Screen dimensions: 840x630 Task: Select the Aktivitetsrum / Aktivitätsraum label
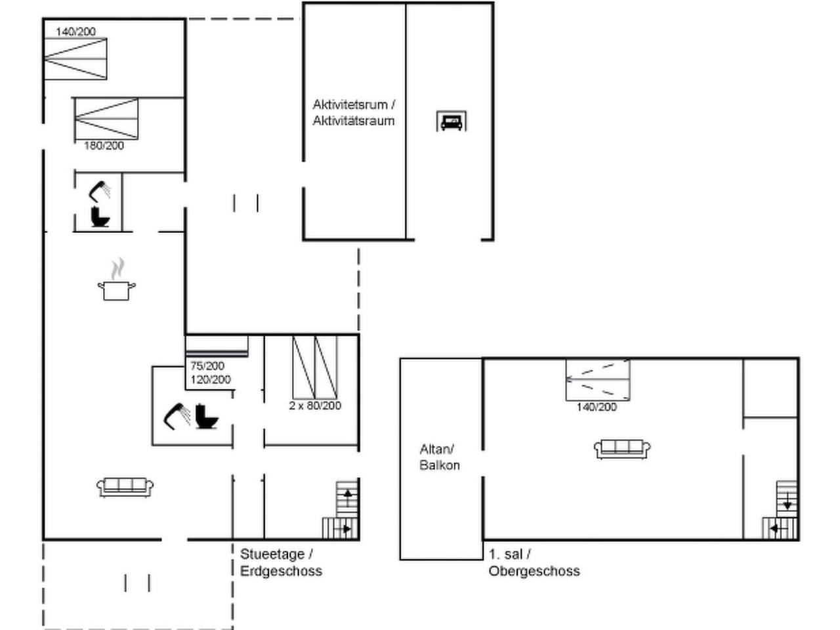pyautogui.click(x=354, y=112)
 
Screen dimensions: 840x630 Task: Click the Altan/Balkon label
pyautogui.click(x=439, y=457)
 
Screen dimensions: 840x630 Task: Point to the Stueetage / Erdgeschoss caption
pyautogui.click(x=281, y=562)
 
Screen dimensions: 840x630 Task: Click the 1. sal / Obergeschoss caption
pyautogui.click(x=534, y=562)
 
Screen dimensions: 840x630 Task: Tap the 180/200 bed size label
pyautogui.click(x=104, y=146)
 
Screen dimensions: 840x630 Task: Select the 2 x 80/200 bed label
pyautogui.click(x=315, y=406)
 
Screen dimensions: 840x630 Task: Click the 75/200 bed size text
pyautogui.click(x=207, y=366)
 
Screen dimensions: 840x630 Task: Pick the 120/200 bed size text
pyautogui.click(x=211, y=380)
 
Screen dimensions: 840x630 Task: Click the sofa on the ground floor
pyautogui.click(x=125, y=488)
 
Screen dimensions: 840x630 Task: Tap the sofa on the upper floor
pyautogui.click(x=622, y=449)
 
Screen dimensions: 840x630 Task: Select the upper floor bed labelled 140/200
pyautogui.click(x=598, y=380)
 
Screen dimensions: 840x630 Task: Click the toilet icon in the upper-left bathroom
pyautogui.click(x=100, y=217)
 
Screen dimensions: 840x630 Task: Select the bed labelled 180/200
pyautogui.click(x=106, y=119)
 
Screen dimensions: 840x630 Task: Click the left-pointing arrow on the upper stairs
pyautogui.click(x=777, y=529)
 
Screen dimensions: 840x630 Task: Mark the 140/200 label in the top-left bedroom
pyautogui.click(x=75, y=31)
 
